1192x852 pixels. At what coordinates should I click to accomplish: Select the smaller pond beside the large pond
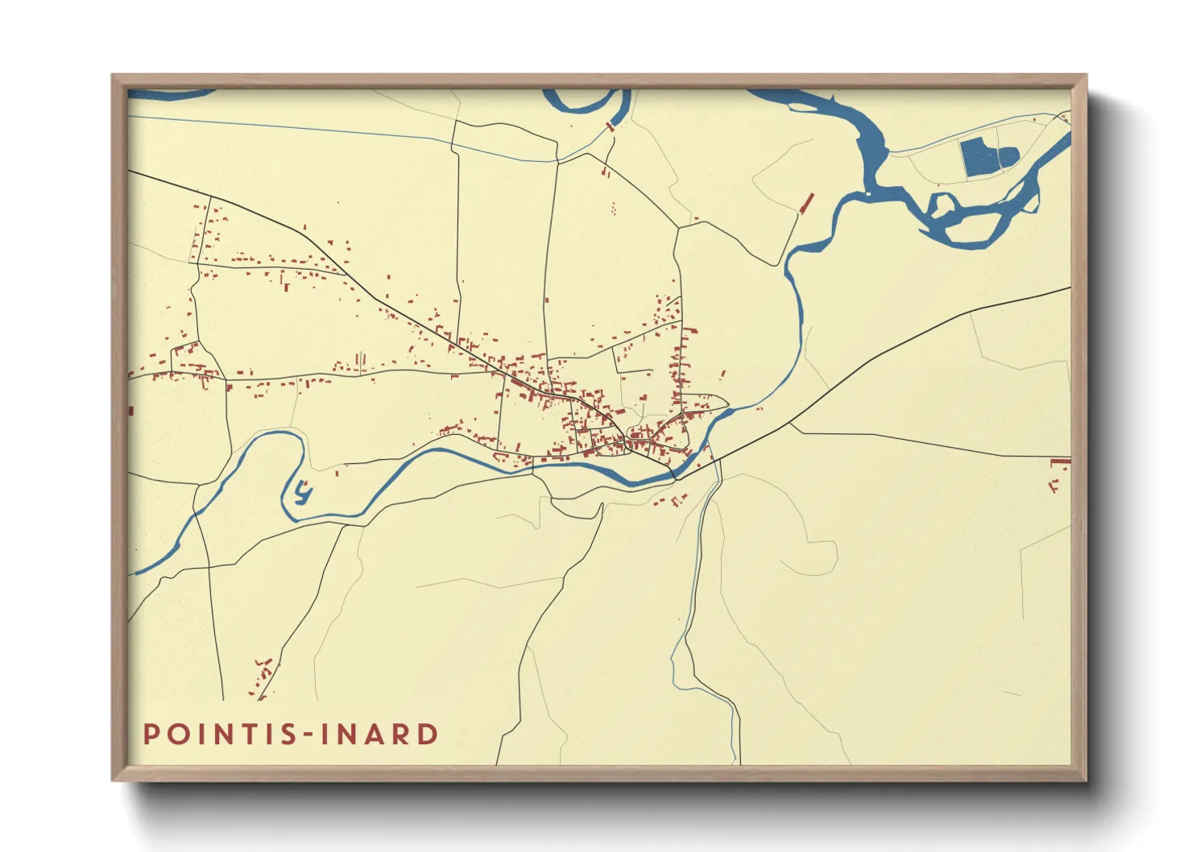[1008, 156]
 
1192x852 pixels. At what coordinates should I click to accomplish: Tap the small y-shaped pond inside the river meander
[303, 491]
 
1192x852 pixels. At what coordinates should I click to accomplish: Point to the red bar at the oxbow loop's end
[610, 126]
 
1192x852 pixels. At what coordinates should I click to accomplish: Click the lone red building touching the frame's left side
[130, 412]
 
